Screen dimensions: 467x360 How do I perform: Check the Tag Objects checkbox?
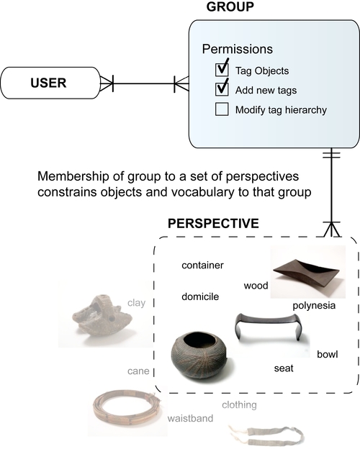pos(222,70)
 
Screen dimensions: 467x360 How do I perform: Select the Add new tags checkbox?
pos(222,90)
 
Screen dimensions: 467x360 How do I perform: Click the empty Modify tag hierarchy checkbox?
pos(222,110)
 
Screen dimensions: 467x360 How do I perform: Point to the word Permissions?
pos(237,50)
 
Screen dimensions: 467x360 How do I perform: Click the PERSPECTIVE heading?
pos(213,223)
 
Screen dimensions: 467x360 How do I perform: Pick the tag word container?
pos(202,266)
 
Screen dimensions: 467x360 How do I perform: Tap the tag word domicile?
pos(200,296)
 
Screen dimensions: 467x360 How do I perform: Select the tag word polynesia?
pos(315,306)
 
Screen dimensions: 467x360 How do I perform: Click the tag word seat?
pos(283,368)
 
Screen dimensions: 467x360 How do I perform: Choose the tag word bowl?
pos(328,354)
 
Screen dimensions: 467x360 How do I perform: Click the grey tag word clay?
pos(136,303)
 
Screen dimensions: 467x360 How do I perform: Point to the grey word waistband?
pos(190,418)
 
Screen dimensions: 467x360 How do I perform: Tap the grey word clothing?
pos(240,405)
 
